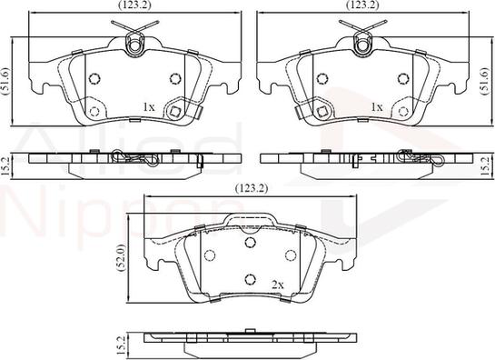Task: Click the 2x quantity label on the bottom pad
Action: [278, 285]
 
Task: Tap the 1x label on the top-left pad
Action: [149, 107]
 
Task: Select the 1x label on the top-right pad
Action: [377, 107]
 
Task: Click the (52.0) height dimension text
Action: [123, 256]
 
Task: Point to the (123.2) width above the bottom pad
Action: [252, 188]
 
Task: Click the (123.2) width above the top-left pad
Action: [134, 5]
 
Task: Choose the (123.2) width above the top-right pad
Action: [362, 5]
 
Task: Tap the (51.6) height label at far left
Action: [5, 81]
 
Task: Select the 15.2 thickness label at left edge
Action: [5, 166]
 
